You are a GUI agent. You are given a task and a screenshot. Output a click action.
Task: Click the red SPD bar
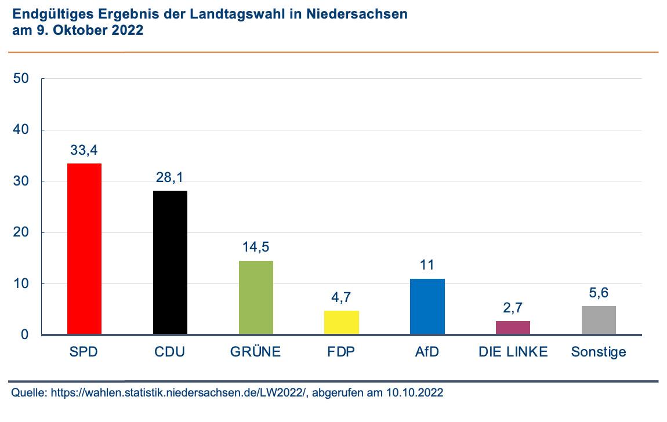coord(85,249)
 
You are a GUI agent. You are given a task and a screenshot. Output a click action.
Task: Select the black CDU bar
coord(170,263)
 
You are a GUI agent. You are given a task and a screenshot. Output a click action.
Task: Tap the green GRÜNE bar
coord(256,298)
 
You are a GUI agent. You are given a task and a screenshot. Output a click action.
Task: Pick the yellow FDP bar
coord(342,323)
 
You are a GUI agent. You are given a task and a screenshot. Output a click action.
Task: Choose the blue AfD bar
coord(427,307)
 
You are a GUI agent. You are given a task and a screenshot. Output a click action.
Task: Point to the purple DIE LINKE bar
coord(513,328)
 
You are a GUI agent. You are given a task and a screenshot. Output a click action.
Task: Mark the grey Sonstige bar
coord(599,321)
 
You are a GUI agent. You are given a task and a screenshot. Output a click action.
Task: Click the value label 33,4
coord(85,151)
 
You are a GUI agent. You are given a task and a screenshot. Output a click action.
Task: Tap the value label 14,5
coord(256,248)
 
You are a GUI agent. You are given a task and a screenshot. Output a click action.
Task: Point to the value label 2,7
coord(513,308)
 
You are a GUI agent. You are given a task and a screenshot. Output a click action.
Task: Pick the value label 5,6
coord(599,293)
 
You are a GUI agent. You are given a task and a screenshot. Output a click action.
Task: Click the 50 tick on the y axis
coord(21,79)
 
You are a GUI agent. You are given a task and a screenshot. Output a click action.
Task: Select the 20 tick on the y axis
coord(21,233)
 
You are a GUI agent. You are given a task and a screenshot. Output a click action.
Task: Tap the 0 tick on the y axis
coord(25,335)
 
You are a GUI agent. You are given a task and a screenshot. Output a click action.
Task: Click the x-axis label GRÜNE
coord(256,352)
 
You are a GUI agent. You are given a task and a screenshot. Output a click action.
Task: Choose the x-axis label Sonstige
coord(599,352)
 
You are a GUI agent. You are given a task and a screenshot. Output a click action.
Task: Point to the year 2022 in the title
coord(126,31)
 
